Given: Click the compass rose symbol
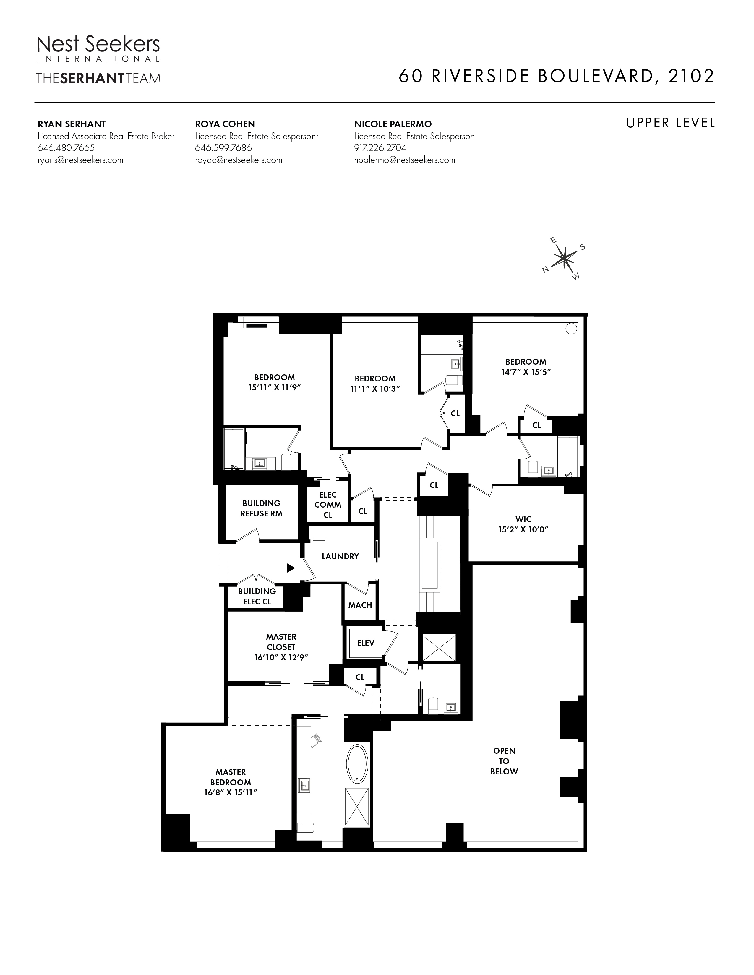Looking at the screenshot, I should click(x=564, y=258).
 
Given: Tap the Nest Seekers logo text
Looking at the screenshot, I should click(x=98, y=45).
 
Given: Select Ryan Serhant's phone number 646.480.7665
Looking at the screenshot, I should click(x=66, y=148).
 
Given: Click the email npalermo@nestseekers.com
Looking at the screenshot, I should click(x=404, y=160).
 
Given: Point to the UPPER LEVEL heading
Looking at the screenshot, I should click(x=670, y=123).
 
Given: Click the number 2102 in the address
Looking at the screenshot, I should click(x=691, y=76).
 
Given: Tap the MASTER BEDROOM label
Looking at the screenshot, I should click(x=231, y=777).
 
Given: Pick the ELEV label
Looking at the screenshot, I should click(x=365, y=643).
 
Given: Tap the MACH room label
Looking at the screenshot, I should click(x=360, y=605).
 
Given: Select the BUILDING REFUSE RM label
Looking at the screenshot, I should click(x=261, y=508).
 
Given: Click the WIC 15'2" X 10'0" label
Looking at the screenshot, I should click(x=523, y=524).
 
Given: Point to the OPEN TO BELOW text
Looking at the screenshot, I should click(x=504, y=761).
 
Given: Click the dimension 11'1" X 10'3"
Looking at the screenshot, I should click(x=375, y=389).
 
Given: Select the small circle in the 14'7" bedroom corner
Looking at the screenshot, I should click(x=571, y=329).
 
